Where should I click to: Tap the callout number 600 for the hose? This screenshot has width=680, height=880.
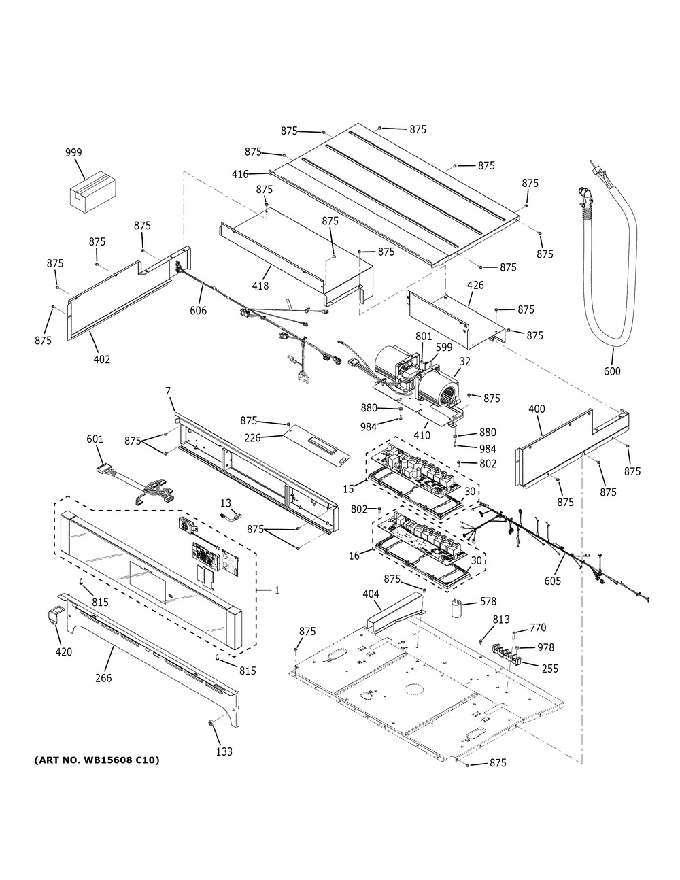[x=611, y=371]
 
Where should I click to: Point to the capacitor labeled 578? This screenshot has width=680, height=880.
[x=460, y=608]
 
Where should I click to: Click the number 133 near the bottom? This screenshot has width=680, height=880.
[x=224, y=751]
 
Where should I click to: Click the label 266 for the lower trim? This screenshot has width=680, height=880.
[x=103, y=678]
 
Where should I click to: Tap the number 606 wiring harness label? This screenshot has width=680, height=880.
[x=198, y=311]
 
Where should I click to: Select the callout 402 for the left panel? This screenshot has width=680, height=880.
[x=101, y=359]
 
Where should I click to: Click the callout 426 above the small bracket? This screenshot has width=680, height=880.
[x=475, y=285]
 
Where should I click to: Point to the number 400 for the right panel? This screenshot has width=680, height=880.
[x=537, y=410]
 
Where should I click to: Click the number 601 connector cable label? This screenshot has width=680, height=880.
[x=95, y=439]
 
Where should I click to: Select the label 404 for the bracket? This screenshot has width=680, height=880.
[x=371, y=594]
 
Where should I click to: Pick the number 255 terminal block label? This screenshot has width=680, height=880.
[x=549, y=669]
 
